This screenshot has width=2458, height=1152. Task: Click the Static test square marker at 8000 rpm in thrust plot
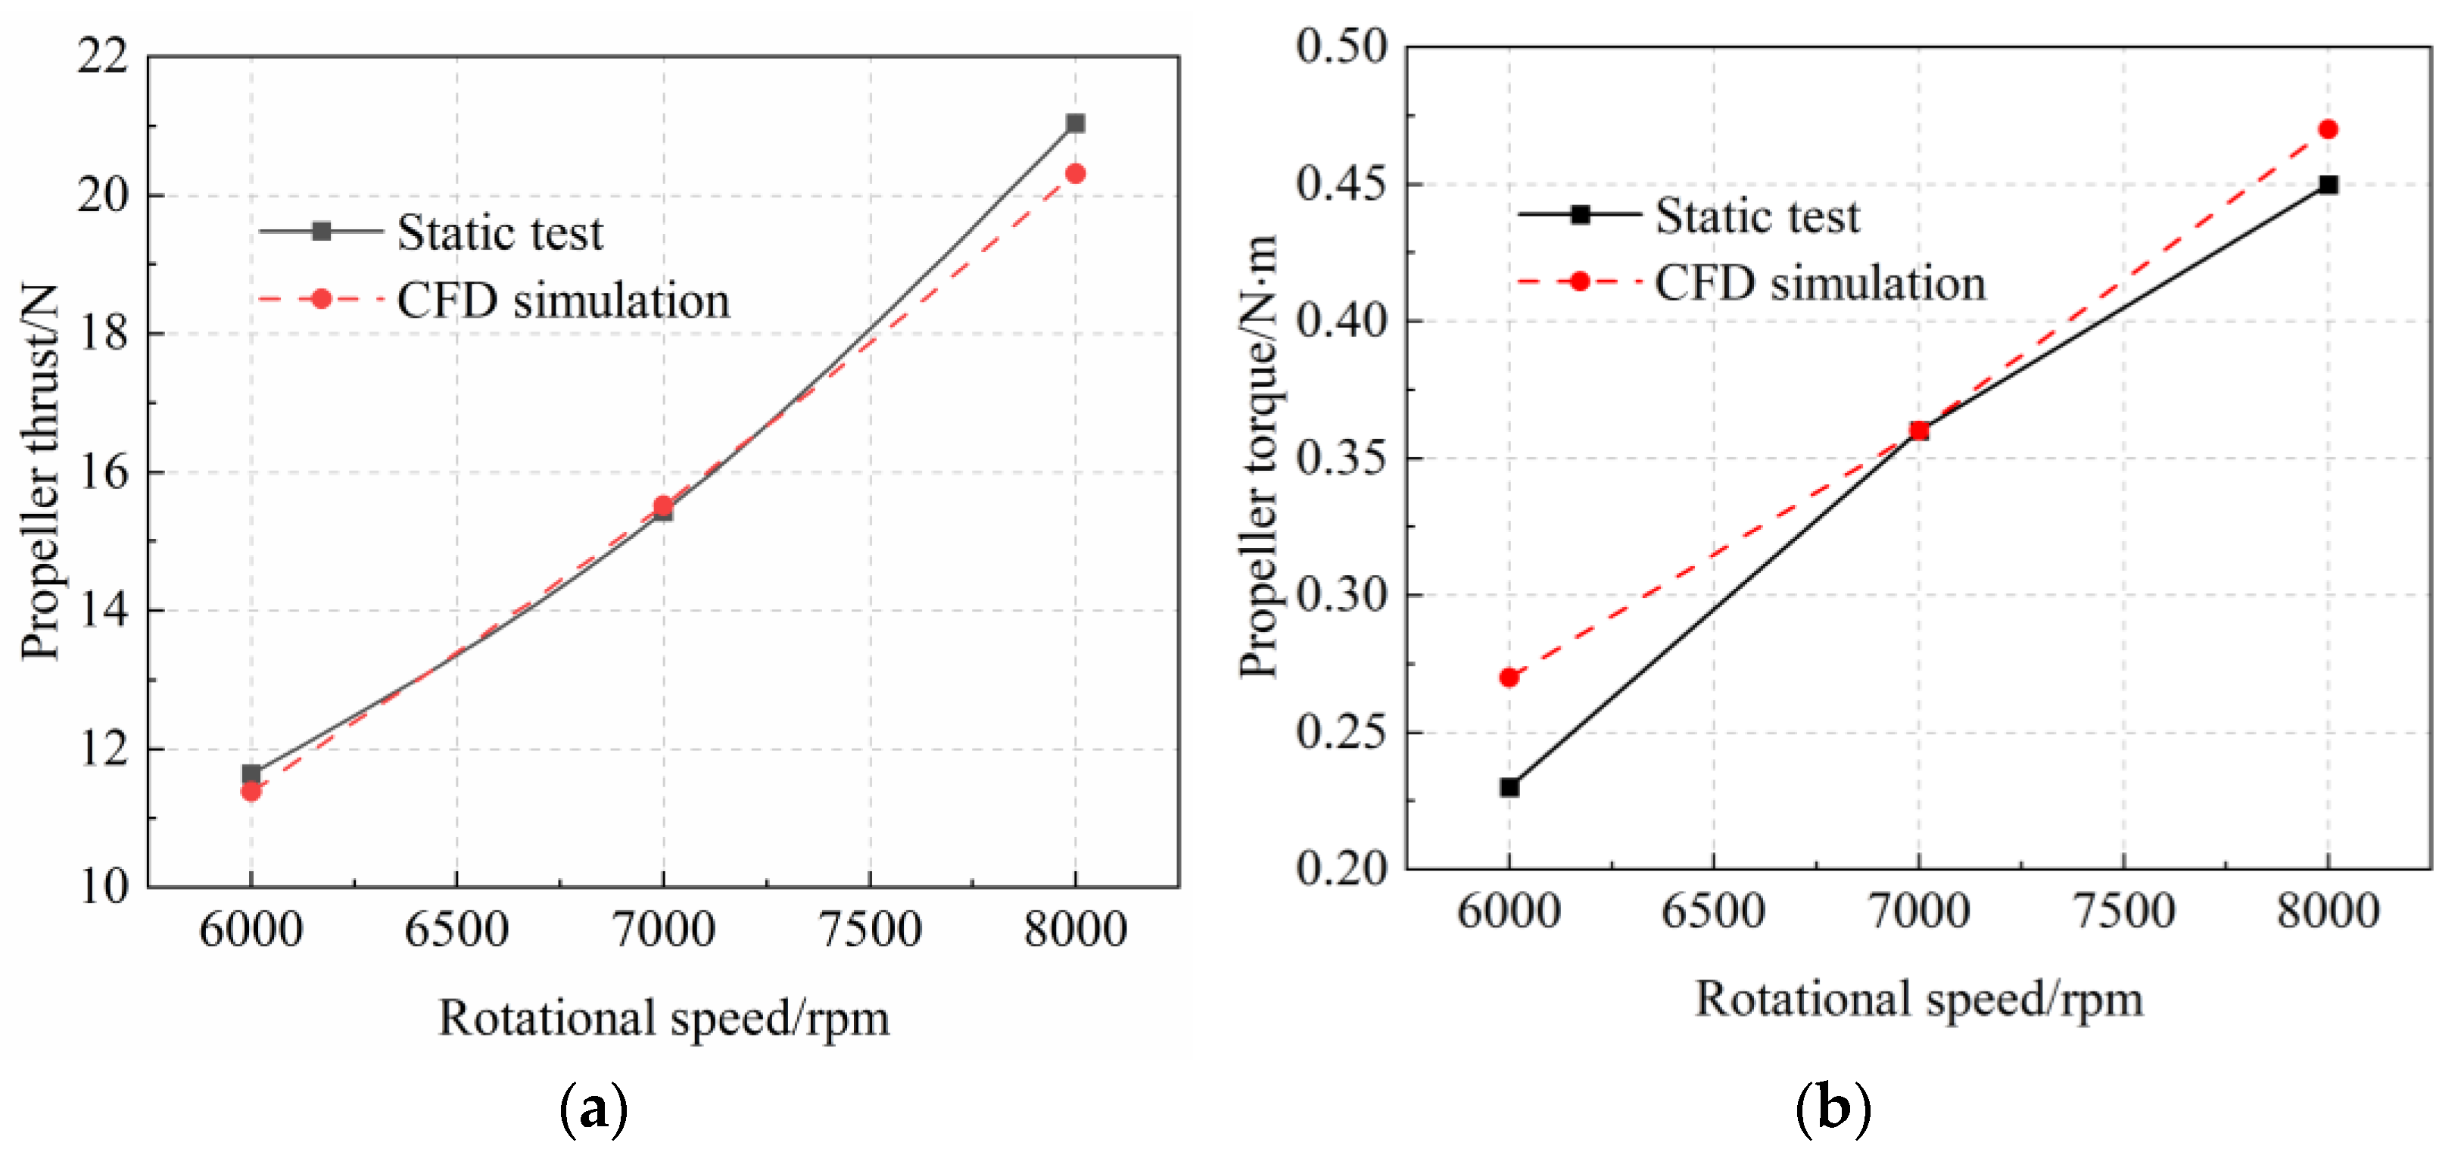1076,123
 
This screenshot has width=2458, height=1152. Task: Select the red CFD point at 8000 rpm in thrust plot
1076,173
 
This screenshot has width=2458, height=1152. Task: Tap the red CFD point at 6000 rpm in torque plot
1509,677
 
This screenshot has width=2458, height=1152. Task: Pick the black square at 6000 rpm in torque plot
1509,787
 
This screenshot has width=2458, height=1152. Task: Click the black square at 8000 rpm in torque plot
2329,184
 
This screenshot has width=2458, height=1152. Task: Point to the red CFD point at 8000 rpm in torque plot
2329,129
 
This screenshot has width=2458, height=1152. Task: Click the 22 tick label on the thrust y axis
102,56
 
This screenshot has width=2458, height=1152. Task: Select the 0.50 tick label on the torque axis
1341,46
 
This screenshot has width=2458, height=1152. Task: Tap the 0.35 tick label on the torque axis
1341,457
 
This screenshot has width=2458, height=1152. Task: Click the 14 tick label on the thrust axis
102,610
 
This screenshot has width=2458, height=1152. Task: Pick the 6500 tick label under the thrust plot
456,929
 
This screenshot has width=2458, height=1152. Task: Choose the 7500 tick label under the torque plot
2124,910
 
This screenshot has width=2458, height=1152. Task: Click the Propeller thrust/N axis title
40,472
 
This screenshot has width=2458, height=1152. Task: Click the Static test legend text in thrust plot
500,232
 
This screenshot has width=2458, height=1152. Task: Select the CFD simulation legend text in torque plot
1820,282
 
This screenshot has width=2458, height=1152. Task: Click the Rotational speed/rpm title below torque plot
1919,999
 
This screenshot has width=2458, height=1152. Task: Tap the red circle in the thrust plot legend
322,300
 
